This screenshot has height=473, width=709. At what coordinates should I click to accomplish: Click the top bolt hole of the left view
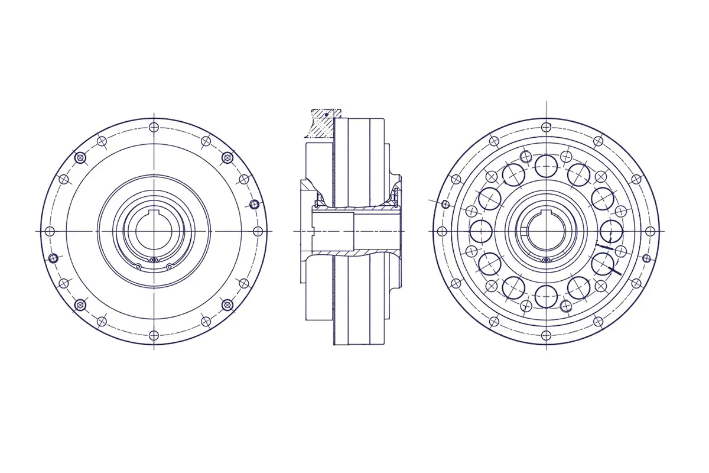click(x=154, y=127)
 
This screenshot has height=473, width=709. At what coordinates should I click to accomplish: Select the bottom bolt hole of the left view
click(x=154, y=335)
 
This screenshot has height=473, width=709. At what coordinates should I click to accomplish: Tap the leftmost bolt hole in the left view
click(x=50, y=231)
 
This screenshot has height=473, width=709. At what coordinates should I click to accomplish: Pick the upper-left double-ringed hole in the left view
click(x=80, y=157)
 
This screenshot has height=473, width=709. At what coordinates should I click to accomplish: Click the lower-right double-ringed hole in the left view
click(x=227, y=304)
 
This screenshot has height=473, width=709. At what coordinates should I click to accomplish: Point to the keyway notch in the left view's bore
click(x=154, y=213)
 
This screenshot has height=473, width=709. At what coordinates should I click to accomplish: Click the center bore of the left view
click(x=154, y=232)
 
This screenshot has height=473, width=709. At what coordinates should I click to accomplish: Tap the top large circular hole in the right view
click(x=546, y=163)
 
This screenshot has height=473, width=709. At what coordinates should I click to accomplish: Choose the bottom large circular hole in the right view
click(x=546, y=296)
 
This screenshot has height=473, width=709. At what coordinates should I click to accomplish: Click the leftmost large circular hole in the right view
click(x=480, y=231)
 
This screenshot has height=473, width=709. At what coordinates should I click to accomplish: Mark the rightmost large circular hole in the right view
click(x=611, y=231)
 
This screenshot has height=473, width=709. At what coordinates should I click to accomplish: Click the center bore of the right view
click(x=546, y=232)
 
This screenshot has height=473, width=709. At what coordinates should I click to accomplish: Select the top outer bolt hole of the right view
click(x=546, y=127)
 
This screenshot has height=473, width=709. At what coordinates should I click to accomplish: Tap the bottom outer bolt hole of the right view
click(x=546, y=335)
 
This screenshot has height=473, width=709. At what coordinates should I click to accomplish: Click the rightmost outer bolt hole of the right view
click(x=650, y=231)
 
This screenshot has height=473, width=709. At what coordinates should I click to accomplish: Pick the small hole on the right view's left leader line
click(x=445, y=205)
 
